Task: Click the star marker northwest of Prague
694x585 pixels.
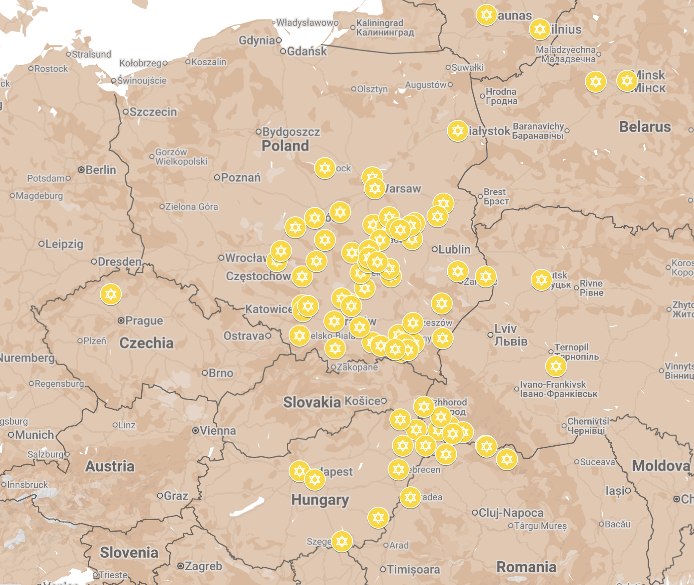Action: [x=111, y=294]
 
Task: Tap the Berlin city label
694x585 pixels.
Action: [x=100, y=170]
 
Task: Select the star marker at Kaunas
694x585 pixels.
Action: [x=486, y=15]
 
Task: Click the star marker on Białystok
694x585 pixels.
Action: [x=457, y=131]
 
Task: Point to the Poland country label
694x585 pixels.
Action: [x=285, y=146]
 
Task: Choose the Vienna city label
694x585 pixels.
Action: [x=218, y=431]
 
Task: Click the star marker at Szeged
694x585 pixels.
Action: [x=341, y=541]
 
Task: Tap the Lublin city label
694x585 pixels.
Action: [x=454, y=249]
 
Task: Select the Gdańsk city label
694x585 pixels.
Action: [x=306, y=51]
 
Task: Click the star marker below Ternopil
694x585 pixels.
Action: [x=556, y=366]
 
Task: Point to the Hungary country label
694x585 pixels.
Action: [x=320, y=500]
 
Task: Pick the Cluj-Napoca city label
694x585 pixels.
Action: [x=510, y=513]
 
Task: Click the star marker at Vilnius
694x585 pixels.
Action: [x=540, y=29]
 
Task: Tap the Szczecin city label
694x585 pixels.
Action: [x=153, y=112]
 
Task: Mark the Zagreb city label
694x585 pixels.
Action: [x=203, y=566]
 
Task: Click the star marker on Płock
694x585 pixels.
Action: [x=325, y=168]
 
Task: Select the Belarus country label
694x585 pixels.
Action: [x=644, y=127]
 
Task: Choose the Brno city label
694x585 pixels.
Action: [x=220, y=373]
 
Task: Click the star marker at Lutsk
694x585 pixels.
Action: [x=541, y=279]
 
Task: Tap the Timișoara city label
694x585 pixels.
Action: [x=413, y=569]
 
